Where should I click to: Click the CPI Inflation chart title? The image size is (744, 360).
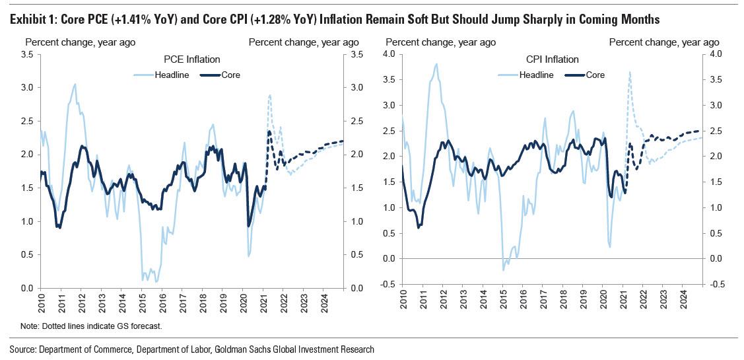tap(552, 59)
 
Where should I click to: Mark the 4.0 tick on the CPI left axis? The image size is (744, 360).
tap(389, 54)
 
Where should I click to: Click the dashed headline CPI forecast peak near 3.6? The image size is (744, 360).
tap(630, 72)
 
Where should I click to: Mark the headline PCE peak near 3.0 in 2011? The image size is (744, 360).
tap(75, 84)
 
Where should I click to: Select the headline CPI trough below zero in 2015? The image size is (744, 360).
tap(503, 270)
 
